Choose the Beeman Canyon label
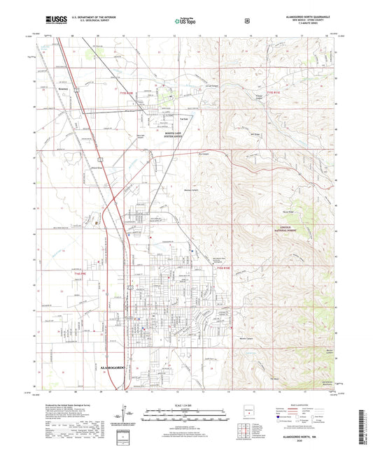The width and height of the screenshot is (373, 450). click(x=191, y=190)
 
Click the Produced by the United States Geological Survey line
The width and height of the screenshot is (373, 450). click(x=63, y=404)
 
